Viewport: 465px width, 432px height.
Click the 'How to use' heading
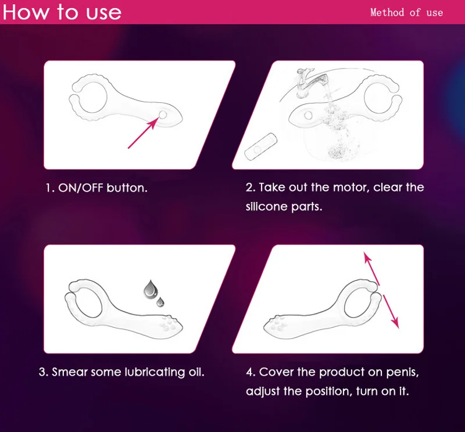click(62, 12)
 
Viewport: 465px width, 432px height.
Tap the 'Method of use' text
click(406, 12)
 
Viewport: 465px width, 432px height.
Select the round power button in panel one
click(163, 115)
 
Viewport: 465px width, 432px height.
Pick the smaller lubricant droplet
click(160, 301)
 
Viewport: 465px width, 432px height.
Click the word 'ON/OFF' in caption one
click(81, 188)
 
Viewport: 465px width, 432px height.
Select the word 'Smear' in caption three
click(69, 372)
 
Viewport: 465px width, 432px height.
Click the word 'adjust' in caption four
click(263, 392)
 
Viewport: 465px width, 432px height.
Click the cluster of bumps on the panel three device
click(167, 323)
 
